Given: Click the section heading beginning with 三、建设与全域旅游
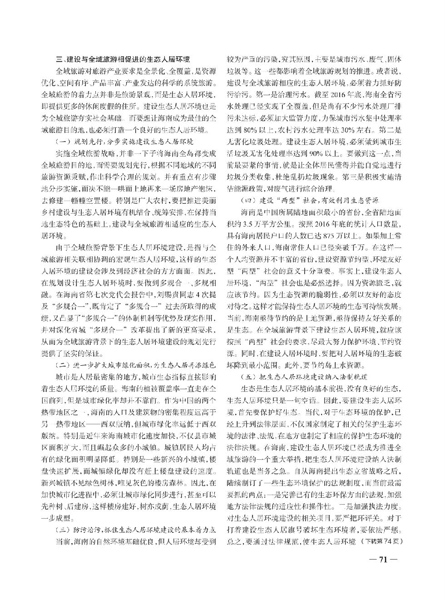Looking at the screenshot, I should click(122, 59).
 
